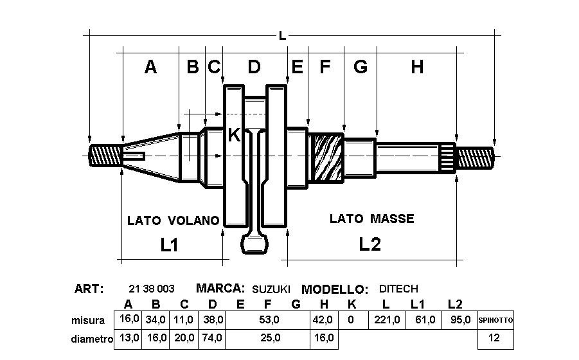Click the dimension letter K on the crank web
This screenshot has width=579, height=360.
[234, 135]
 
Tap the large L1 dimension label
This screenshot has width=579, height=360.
[169, 244]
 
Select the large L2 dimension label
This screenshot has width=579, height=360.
[370, 244]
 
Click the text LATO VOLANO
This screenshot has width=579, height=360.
[173, 221]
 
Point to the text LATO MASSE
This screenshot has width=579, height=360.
[372, 219]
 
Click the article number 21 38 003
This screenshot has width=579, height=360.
[152, 289]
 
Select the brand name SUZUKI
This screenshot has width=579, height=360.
[271, 289]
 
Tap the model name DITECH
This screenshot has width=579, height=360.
[398, 289]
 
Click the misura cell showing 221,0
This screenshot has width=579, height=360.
[387, 319]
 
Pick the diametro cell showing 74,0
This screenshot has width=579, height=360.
[212, 338]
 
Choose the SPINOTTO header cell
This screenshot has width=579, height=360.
[495, 320]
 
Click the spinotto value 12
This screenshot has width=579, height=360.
[494, 337]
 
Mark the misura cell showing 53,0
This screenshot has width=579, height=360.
[269, 319]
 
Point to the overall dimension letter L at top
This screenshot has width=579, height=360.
[282, 36]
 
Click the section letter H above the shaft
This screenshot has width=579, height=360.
[417, 67]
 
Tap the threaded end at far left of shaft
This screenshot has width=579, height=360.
[105, 156]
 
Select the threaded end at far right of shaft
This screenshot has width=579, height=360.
[476, 157]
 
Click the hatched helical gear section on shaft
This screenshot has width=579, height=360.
[326, 157]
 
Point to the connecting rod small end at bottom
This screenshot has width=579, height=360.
[254, 244]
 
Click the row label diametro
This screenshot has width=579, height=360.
[92, 338]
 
